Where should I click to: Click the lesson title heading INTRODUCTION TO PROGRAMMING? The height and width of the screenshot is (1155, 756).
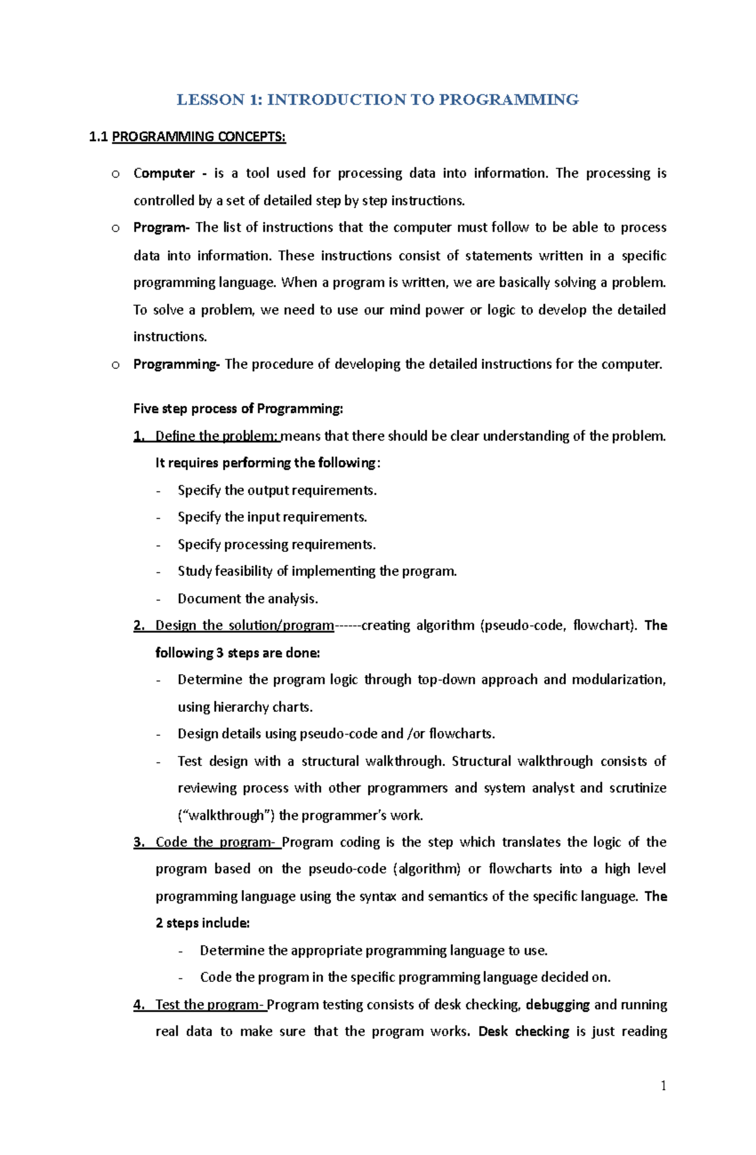click(x=377, y=99)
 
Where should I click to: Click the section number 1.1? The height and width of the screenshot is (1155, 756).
click(x=99, y=137)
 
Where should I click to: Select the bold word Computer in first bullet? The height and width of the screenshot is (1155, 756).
click(x=164, y=173)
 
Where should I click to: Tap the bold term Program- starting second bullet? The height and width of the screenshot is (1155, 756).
click(x=161, y=227)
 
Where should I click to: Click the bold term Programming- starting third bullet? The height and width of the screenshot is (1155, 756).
click(x=176, y=364)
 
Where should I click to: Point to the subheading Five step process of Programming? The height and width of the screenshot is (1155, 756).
click(x=238, y=408)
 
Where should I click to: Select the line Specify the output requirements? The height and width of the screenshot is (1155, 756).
click(x=277, y=490)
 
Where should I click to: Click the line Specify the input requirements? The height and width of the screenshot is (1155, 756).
click(x=272, y=517)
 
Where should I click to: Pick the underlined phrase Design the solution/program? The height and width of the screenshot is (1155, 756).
click(x=244, y=625)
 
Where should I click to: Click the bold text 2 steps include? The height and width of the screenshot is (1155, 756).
click(x=203, y=923)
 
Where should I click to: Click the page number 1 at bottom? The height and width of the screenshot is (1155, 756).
click(x=663, y=1085)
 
